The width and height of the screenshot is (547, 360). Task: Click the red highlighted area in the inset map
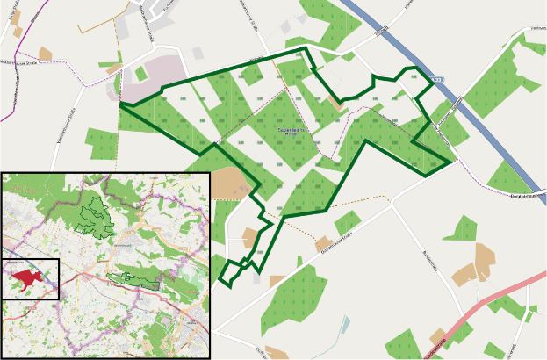tap(26, 278)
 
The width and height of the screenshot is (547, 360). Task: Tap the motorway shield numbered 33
tap(439, 80)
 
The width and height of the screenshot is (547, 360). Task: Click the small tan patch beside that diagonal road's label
tap(324, 243)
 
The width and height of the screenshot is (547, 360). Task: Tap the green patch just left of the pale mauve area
tap(101, 139)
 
